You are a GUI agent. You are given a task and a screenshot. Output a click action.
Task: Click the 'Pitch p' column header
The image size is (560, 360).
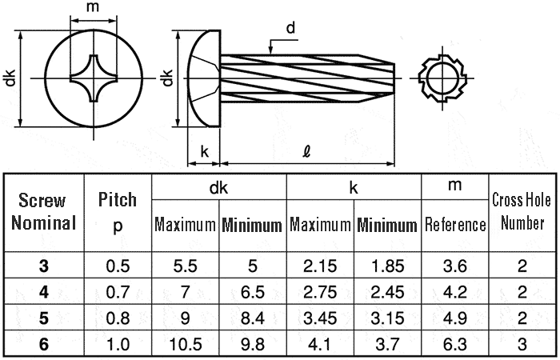click(118, 211)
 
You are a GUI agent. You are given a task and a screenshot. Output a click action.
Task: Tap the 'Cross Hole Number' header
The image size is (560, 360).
click(522, 211)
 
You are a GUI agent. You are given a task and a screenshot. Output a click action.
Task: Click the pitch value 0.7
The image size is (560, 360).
click(118, 291)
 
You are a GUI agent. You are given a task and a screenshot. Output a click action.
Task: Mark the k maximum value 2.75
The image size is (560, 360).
click(320, 291)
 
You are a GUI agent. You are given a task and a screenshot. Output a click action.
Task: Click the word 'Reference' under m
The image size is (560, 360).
click(455, 225)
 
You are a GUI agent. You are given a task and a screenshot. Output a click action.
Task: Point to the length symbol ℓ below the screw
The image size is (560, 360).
click(307, 150)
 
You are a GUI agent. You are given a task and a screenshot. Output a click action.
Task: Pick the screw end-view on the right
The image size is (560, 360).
click(442, 78)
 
